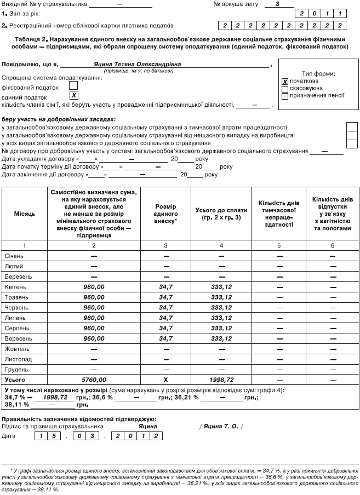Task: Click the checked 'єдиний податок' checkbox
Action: click(73, 95)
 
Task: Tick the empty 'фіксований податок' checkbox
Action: click(73, 85)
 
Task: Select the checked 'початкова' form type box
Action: click(284, 81)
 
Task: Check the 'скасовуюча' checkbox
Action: click(284, 88)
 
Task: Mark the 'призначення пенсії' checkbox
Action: click(284, 96)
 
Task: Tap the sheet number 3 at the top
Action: click(278, 3)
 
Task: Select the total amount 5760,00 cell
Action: click(94, 379)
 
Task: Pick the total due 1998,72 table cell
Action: click(221, 379)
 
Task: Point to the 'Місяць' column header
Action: click(25, 213)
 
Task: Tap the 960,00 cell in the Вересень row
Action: click(94, 338)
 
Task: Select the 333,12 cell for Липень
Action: click(221, 318)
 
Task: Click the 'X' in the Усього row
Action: click(165, 379)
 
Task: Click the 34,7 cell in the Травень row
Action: click(165, 297)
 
